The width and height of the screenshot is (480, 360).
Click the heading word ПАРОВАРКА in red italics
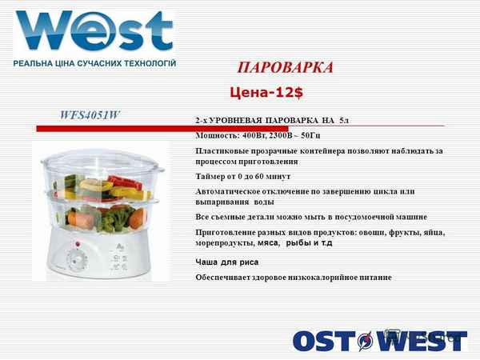click(x=286, y=67)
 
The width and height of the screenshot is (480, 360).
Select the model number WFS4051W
click(x=90, y=114)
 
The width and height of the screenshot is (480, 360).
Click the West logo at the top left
click(x=94, y=31)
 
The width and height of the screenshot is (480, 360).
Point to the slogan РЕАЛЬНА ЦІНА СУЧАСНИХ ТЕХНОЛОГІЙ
click(x=94, y=62)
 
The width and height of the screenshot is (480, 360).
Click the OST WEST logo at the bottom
click(x=378, y=341)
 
